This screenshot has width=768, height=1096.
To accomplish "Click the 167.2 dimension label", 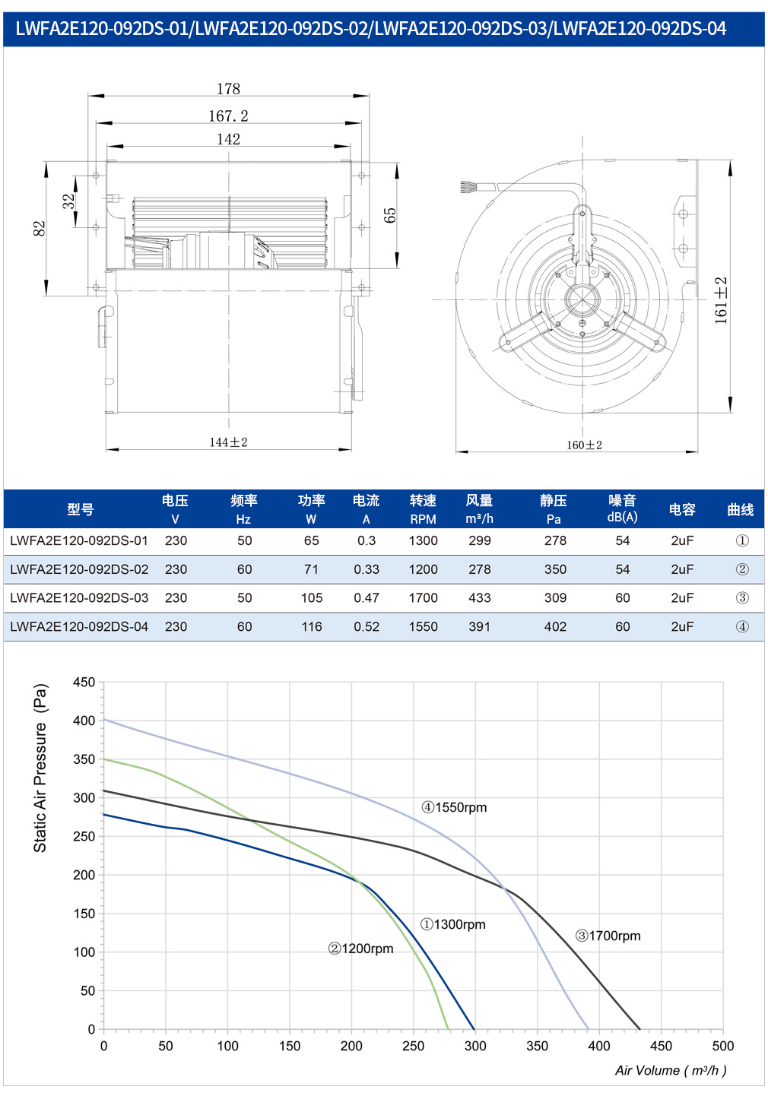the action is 228,116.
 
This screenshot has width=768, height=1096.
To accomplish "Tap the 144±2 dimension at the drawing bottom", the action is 229,442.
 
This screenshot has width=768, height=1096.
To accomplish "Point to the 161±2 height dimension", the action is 721,300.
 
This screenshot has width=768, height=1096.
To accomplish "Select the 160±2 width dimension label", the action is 585,445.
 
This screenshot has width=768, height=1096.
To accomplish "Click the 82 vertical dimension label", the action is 39,229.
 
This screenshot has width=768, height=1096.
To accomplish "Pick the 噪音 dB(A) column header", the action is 622,508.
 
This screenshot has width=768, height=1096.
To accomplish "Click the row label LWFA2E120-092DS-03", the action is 79,598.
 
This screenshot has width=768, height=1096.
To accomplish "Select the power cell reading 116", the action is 311,627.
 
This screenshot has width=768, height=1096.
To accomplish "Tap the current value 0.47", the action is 367,598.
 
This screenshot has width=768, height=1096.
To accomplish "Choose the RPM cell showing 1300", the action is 423,540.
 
